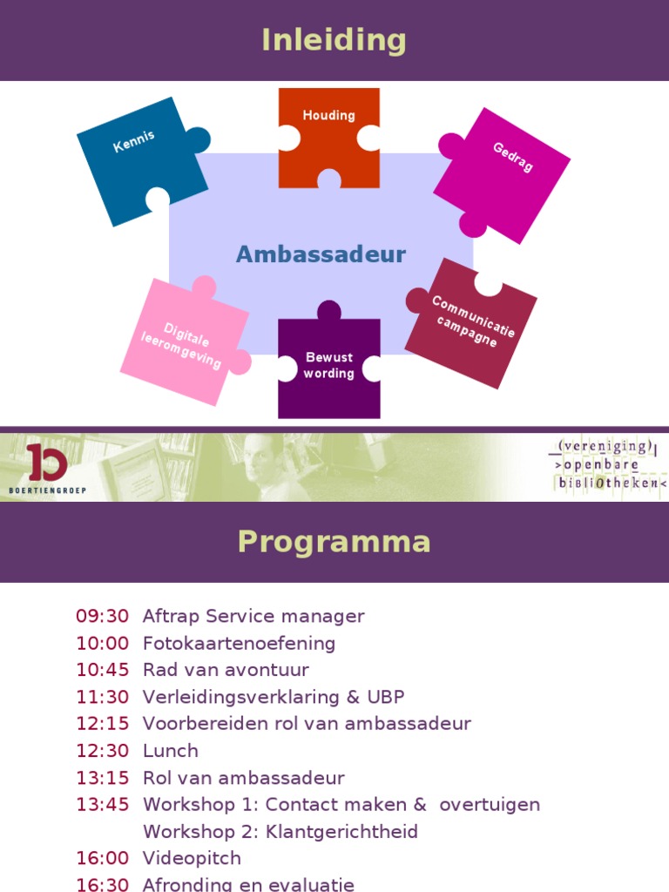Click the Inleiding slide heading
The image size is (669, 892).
pos(334,40)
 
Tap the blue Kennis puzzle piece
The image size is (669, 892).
pos(139,159)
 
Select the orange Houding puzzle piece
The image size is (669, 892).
pos(328,137)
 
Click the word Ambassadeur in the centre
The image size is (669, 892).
pos(321,254)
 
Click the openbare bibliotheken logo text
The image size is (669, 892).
pos(606,465)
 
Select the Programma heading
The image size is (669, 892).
pos(334,542)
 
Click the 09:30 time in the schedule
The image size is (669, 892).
pos(103,616)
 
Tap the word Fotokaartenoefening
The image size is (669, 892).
pos(239,644)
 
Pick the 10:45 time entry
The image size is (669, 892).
pos(103,670)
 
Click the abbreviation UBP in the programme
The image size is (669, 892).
pos(386,697)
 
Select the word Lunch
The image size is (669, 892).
pos(171,751)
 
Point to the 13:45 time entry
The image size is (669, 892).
pos(103,805)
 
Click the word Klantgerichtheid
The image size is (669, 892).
pos(341,832)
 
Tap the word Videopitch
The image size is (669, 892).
pos(192,858)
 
